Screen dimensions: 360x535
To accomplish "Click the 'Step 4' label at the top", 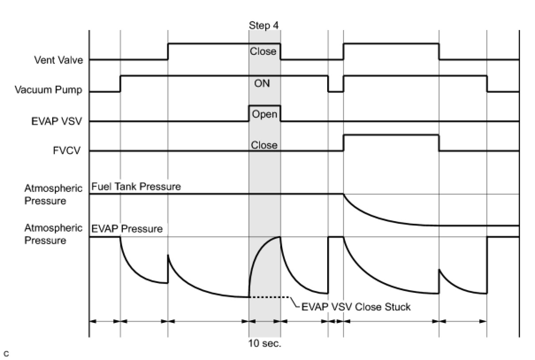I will click(x=264, y=26).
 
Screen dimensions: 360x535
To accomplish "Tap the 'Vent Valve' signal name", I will click(x=58, y=60).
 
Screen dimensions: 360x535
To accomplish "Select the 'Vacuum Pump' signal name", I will click(x=48, y=90).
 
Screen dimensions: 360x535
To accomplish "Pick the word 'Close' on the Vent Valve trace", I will click(x=263, y=51).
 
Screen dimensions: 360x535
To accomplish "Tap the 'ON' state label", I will click(x=262, y=83).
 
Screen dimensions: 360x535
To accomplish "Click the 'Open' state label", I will click(x=264, y=114).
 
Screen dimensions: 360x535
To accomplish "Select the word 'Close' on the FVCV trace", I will click(x=264, y=145).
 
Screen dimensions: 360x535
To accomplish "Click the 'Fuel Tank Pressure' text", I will click(x=136, y=187).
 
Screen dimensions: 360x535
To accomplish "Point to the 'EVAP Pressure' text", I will click(x=127, y=229).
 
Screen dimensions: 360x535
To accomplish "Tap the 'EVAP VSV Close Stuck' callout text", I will click(x=356, y=306).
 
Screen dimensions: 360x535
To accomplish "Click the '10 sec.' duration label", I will click(x=264, y=344).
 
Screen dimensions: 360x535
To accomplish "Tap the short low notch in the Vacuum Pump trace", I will click(x=336, y=91).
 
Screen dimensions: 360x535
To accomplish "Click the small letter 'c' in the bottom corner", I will click(x=6, y=353).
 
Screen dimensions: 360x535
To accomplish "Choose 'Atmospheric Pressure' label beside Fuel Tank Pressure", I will click(x=53, y=195).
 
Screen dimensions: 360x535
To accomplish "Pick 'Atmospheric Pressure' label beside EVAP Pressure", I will click(x=53, y=234).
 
